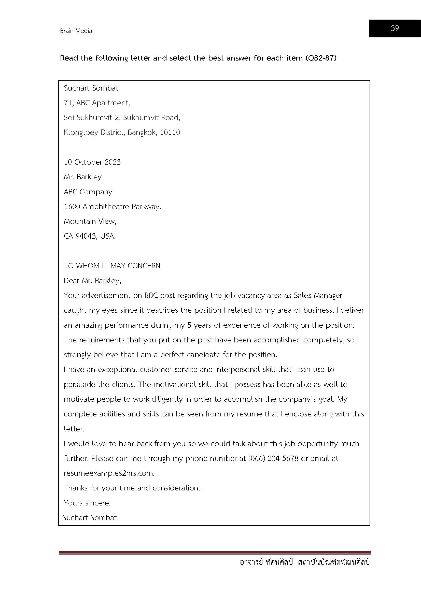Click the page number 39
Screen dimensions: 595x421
[x=395, y=28]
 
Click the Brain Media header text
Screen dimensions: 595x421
[x=76, y=31]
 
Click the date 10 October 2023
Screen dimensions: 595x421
[x=92, y=162]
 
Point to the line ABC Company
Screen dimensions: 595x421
[x=88, y=192]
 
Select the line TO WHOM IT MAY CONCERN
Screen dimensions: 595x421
[x=112, y=266]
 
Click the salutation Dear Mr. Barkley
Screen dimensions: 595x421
[x=92, y=281]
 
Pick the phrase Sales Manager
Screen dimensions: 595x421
[x=318, y=295]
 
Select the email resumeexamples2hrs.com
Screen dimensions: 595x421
[x=109, y=473]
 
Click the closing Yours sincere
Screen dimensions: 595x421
[x=87, y=503]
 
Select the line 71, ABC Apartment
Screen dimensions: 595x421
[x=97, y=103]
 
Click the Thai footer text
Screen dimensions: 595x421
[x=305, y=562]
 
